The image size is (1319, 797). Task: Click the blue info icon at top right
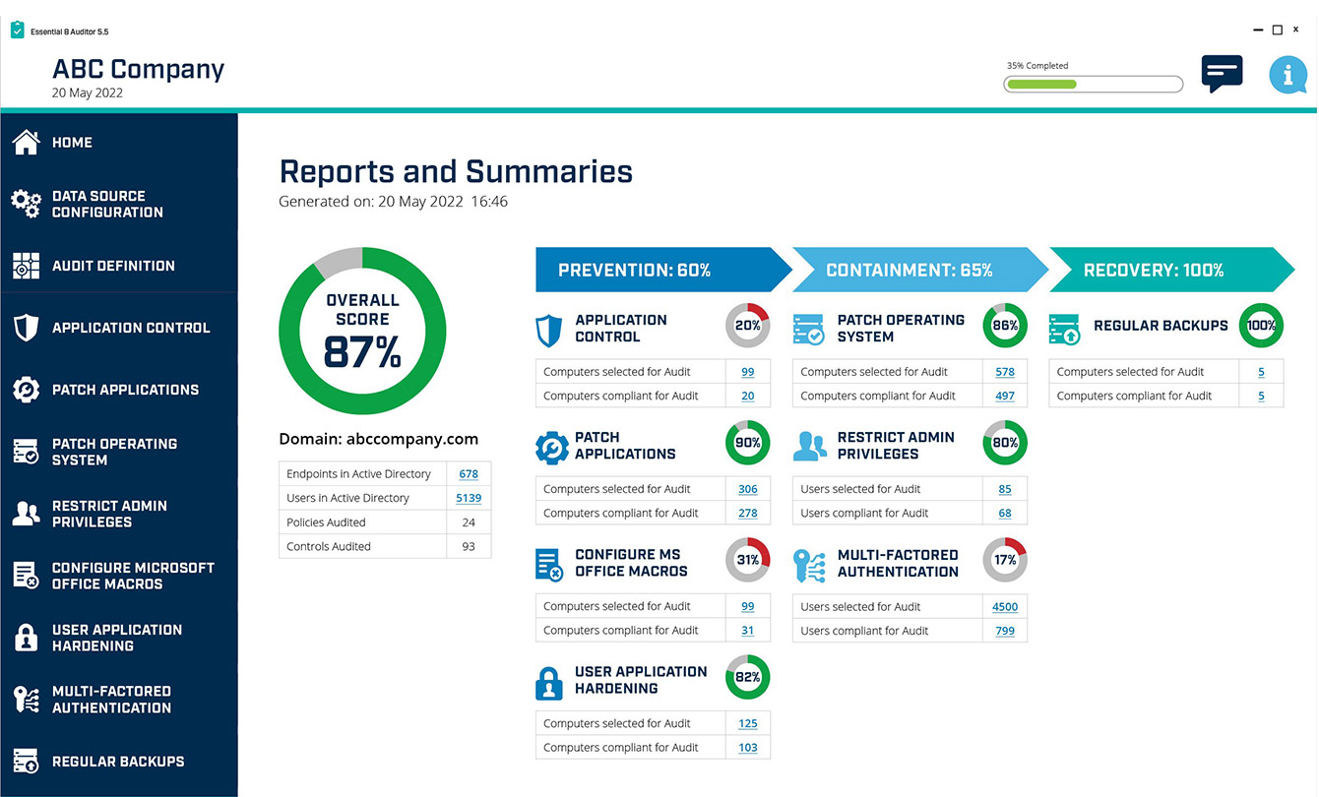tap(1288, 75)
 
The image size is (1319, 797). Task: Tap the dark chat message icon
tap(1222, 73)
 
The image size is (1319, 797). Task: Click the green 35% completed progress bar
tap(1093, 85)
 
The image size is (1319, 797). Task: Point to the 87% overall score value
tap(362, 352)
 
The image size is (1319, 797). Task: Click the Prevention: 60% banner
tap(663, 270)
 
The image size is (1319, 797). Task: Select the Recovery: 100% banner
tap(1171, 270)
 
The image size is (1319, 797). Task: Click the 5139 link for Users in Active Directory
tap(469, 498)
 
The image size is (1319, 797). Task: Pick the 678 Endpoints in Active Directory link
tap(469, 474)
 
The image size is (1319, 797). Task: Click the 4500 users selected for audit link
tap(1005, 607)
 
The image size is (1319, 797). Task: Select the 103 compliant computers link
tap(748, 748)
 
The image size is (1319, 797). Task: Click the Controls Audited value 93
tap(469, 546)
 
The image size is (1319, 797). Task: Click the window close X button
tap(1295, 30)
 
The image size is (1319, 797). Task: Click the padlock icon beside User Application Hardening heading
tap(549, 684)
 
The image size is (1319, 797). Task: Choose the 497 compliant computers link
tap(1005, 397)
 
